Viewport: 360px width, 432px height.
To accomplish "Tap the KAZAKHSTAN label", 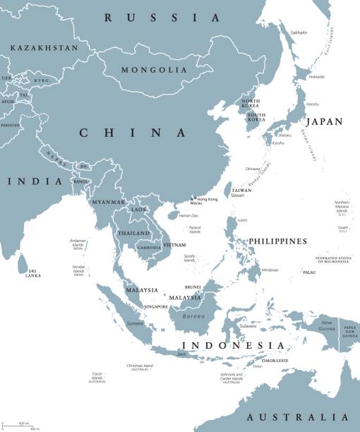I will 44,47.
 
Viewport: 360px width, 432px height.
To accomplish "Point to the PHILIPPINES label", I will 277,241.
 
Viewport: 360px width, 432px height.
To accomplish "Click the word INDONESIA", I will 234,345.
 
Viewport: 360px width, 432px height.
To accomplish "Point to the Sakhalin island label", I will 300,32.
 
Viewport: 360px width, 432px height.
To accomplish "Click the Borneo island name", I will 192,316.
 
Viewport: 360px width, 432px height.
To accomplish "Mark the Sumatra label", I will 136,323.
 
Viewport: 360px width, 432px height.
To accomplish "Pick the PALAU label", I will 309,272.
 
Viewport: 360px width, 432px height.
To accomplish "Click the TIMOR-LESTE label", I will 270,360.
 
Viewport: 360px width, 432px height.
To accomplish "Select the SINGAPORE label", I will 156,307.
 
